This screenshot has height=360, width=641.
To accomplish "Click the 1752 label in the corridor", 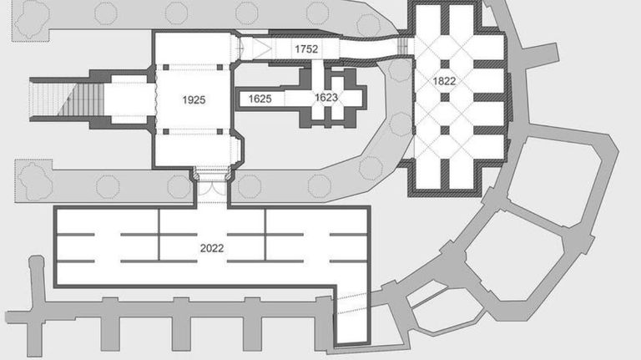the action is (x=306, y=49).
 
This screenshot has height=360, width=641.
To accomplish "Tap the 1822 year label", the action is (x=444, y=81).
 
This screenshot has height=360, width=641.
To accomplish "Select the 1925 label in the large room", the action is (x=194, y=100).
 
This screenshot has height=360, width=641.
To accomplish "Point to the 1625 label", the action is (x=260, y=99).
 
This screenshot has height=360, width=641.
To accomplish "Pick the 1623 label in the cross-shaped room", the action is (x=326, y=98).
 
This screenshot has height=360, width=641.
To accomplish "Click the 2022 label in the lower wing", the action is (x=212, y=248).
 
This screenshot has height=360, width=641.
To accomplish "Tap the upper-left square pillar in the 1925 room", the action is (x=166, y=68).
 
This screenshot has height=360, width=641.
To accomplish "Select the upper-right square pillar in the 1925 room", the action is (x=220, y=68).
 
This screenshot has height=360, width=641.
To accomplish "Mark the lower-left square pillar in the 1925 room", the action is (x=166, y=131).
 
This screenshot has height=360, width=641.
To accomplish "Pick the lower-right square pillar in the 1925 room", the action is (x=220, y=131).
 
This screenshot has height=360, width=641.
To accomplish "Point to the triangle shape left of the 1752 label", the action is (x=262, y=48).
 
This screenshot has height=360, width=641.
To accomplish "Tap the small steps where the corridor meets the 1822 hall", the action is (x=402, y=46).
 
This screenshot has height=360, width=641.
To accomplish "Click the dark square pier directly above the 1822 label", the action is (x=445, y=64).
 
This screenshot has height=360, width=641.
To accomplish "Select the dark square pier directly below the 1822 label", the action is (x=445, y=98).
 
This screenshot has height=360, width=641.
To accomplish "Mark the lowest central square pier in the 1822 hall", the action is (x=445, y=130).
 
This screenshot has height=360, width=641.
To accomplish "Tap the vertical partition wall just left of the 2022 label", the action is (x=159, y=235).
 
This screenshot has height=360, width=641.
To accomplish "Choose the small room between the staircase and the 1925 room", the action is (x=129, y=99).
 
